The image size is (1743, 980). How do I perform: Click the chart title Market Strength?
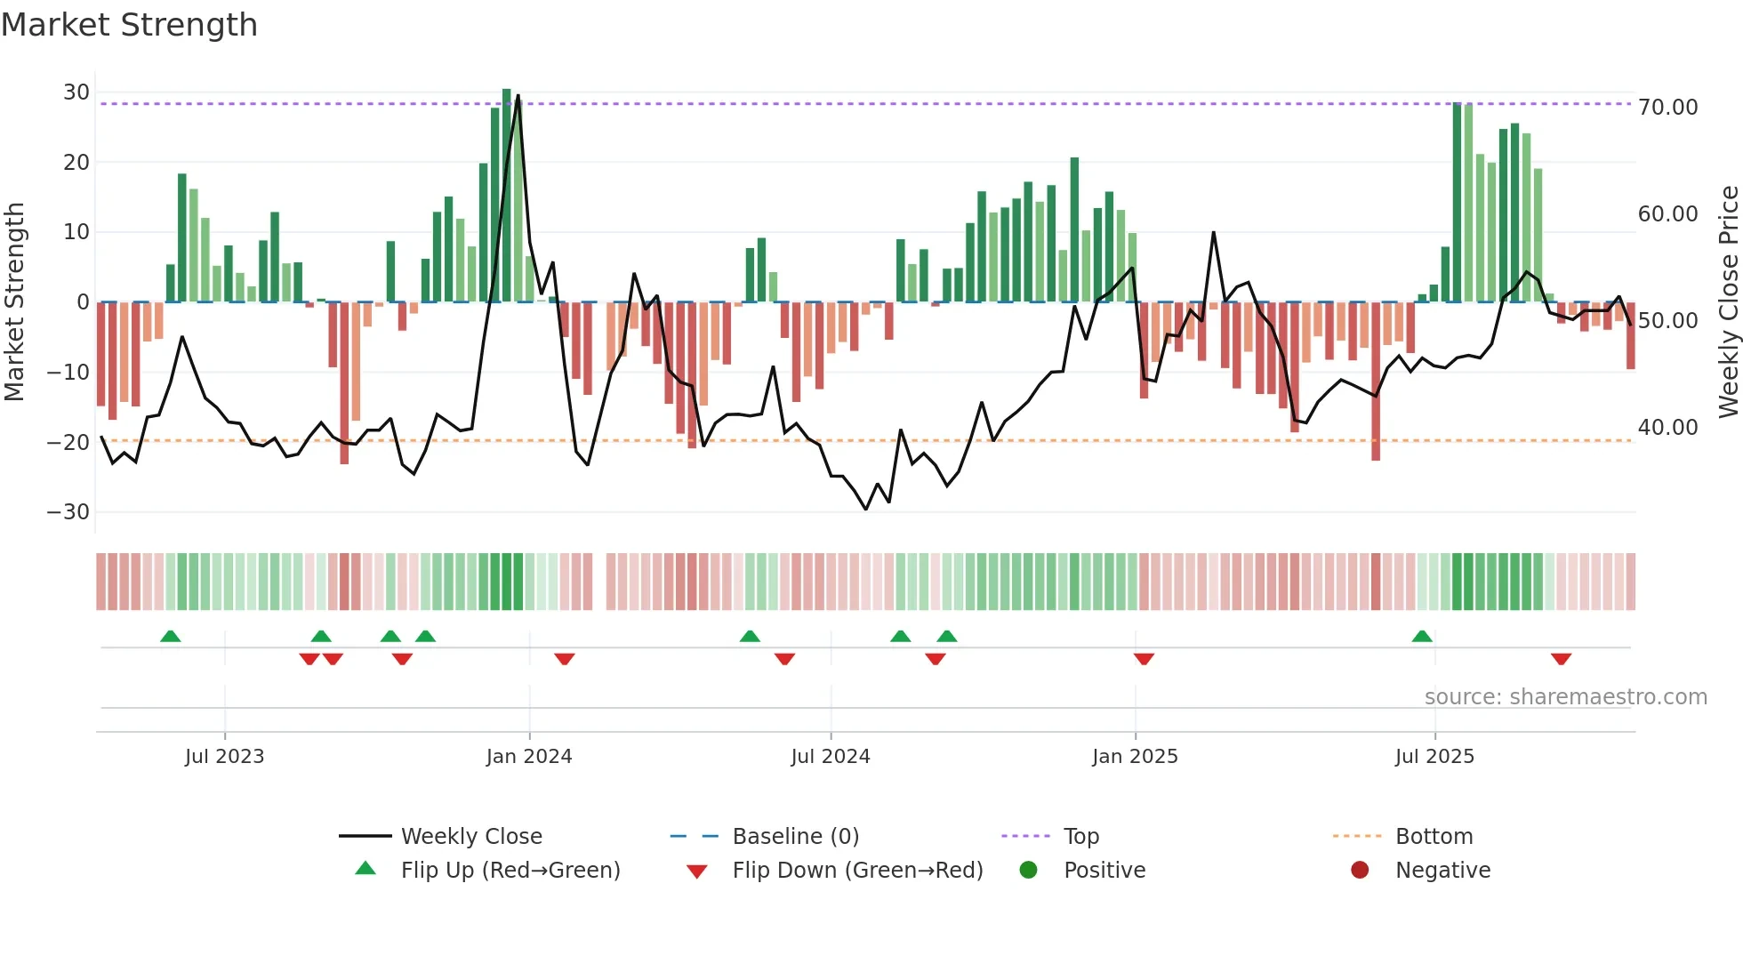pos(129,25)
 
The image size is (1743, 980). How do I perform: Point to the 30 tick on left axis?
pos(76,92)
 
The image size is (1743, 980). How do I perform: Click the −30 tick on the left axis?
pos(68,512)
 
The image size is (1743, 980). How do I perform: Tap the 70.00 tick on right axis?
pos(1667,108)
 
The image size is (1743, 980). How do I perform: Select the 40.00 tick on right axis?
pos(1667,428)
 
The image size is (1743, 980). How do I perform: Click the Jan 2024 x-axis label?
pos(529,757)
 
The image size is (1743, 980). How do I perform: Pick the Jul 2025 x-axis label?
pos(1434,757)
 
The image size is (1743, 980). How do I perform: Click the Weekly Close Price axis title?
pos(1728,302)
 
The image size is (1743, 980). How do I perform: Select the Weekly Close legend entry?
pos(471,837)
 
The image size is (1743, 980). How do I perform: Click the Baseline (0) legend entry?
pos(795,837)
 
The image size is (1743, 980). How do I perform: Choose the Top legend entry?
pos(1081,837)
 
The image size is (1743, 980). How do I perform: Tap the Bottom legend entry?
pos(1434,837)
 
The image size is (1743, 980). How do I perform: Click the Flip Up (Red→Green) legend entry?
pos(510,871)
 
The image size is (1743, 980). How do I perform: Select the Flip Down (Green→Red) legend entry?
pos(857,871)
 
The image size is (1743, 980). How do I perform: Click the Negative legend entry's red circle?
pos(1360,871)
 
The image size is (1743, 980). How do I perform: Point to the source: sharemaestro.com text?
pos(1565,697)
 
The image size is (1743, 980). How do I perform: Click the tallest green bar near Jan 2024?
pos(507,196)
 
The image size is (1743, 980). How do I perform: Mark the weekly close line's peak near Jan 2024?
pos(518,96)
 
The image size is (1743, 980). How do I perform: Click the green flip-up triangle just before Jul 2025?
pos(1422,637)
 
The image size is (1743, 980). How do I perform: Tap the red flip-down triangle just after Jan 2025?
pos(1144,659)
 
